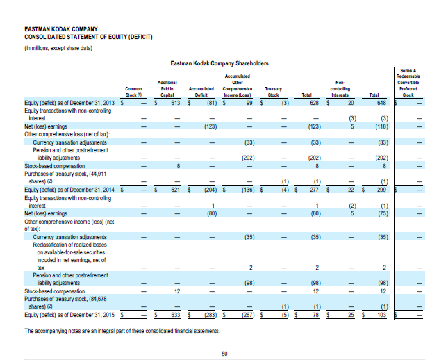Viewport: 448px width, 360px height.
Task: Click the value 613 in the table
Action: (x=175, y=103)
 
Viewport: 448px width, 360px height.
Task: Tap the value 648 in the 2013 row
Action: (x=381, y=103)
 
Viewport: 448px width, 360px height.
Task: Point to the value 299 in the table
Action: (x=381, y=188)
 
